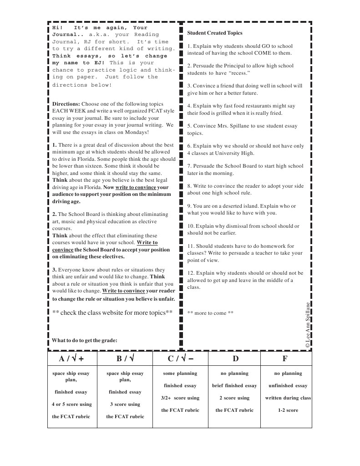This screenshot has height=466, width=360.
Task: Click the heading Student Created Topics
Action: click(215, 33)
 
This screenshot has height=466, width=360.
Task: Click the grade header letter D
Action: click(235, 358)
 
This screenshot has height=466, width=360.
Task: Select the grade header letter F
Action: click(285, 358)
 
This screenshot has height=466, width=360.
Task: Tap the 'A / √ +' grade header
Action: click(71, 358)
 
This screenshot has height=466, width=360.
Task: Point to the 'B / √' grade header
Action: click(125, 358)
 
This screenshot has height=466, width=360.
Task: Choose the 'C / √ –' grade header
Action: click(180, 358)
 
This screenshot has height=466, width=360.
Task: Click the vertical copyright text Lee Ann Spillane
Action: click(308, 325)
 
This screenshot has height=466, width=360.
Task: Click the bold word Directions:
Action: click(66, 104)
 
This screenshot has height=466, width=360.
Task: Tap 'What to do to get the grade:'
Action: click(85, 340)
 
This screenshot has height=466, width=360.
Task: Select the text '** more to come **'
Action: click(210, 313)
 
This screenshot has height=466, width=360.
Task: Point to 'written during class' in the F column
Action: click(288, 398)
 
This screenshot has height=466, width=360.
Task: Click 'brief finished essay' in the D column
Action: click(234, 385)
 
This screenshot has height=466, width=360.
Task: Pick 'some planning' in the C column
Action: click(180, 373)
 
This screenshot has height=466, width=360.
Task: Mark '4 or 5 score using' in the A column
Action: click(71, 404)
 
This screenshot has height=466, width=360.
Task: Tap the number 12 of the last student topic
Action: click(190, 273)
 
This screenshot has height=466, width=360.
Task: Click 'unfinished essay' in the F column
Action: click(288, 385)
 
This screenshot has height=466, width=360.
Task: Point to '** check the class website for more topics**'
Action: click(112, 312)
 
